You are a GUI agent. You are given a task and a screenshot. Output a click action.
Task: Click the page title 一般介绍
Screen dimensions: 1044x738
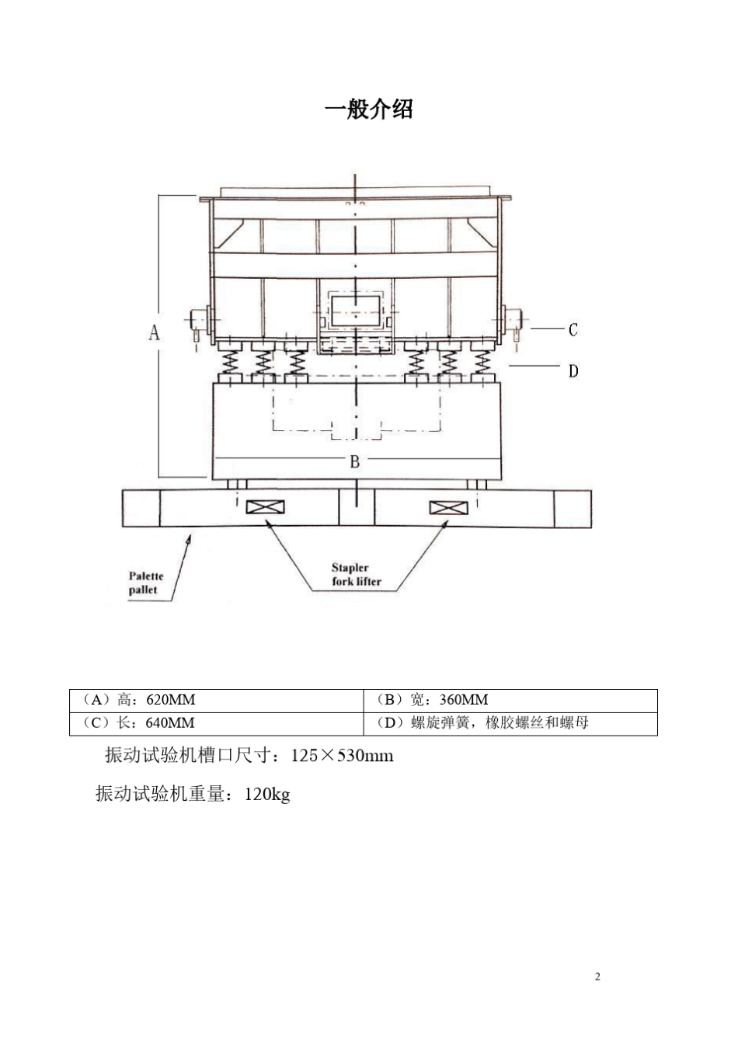click(x=368, y=110)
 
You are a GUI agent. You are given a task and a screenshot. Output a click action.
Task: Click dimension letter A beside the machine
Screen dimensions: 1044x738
click(x=155, y=332)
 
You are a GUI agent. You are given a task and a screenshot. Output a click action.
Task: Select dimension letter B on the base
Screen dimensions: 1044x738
click(x=354, y=461)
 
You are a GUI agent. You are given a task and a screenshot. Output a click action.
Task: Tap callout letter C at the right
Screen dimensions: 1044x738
click(x=573, y=330)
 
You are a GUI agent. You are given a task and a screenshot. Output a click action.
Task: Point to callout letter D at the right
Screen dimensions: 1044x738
click(x=573, y=371)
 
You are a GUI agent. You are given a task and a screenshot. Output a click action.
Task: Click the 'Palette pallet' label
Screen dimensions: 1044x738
click(x=145, y=583)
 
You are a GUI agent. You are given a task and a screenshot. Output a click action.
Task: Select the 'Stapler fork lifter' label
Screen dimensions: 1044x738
click(x=356, y=575)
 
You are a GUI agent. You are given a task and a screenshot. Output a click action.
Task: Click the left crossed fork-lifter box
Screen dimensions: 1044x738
click(x=265, y=507)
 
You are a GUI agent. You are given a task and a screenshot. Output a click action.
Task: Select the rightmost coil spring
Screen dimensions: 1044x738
click(x=482, y=361)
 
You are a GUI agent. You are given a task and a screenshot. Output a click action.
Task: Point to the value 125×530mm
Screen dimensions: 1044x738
click(x=342, y=755)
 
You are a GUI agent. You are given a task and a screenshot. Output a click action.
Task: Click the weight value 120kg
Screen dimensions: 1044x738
click(x=267, y=794)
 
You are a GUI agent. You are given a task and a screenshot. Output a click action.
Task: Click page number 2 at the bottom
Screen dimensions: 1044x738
click(x=597, y=976)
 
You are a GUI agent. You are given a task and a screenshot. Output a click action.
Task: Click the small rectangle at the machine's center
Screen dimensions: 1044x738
click(x=355, y=310)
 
